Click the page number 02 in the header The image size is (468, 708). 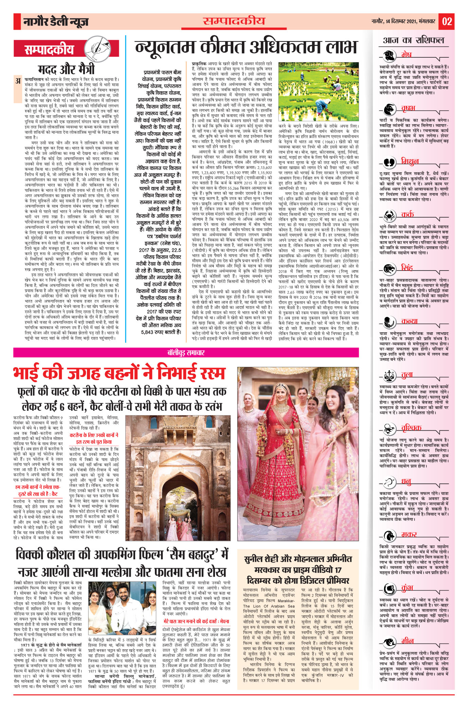point(447,21)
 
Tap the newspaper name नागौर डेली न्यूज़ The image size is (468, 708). point(56,22)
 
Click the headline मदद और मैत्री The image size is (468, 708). point(66,69)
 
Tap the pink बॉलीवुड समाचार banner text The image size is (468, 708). point(186,353)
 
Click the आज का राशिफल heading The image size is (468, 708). point(413,40)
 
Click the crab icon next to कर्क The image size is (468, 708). point(389,216)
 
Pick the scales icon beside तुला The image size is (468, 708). point(389,375)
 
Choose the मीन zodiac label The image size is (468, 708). point(407,641)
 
